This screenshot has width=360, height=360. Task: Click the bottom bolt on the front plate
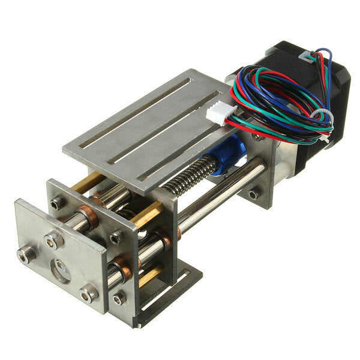pyautogui.click(x=89, y=294)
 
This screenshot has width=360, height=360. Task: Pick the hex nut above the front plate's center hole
pyautogui.click(x=53, y=241)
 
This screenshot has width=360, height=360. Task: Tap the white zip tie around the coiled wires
pyautogui.click(x=322, y=114)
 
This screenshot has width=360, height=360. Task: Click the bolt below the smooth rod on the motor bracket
pyautogui.click(x=254, y=193)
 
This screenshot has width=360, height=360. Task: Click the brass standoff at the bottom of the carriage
pyautogui.click(x=149, y=275)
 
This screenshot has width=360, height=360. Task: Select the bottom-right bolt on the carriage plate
pyautogui.click(x=120, y=297)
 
